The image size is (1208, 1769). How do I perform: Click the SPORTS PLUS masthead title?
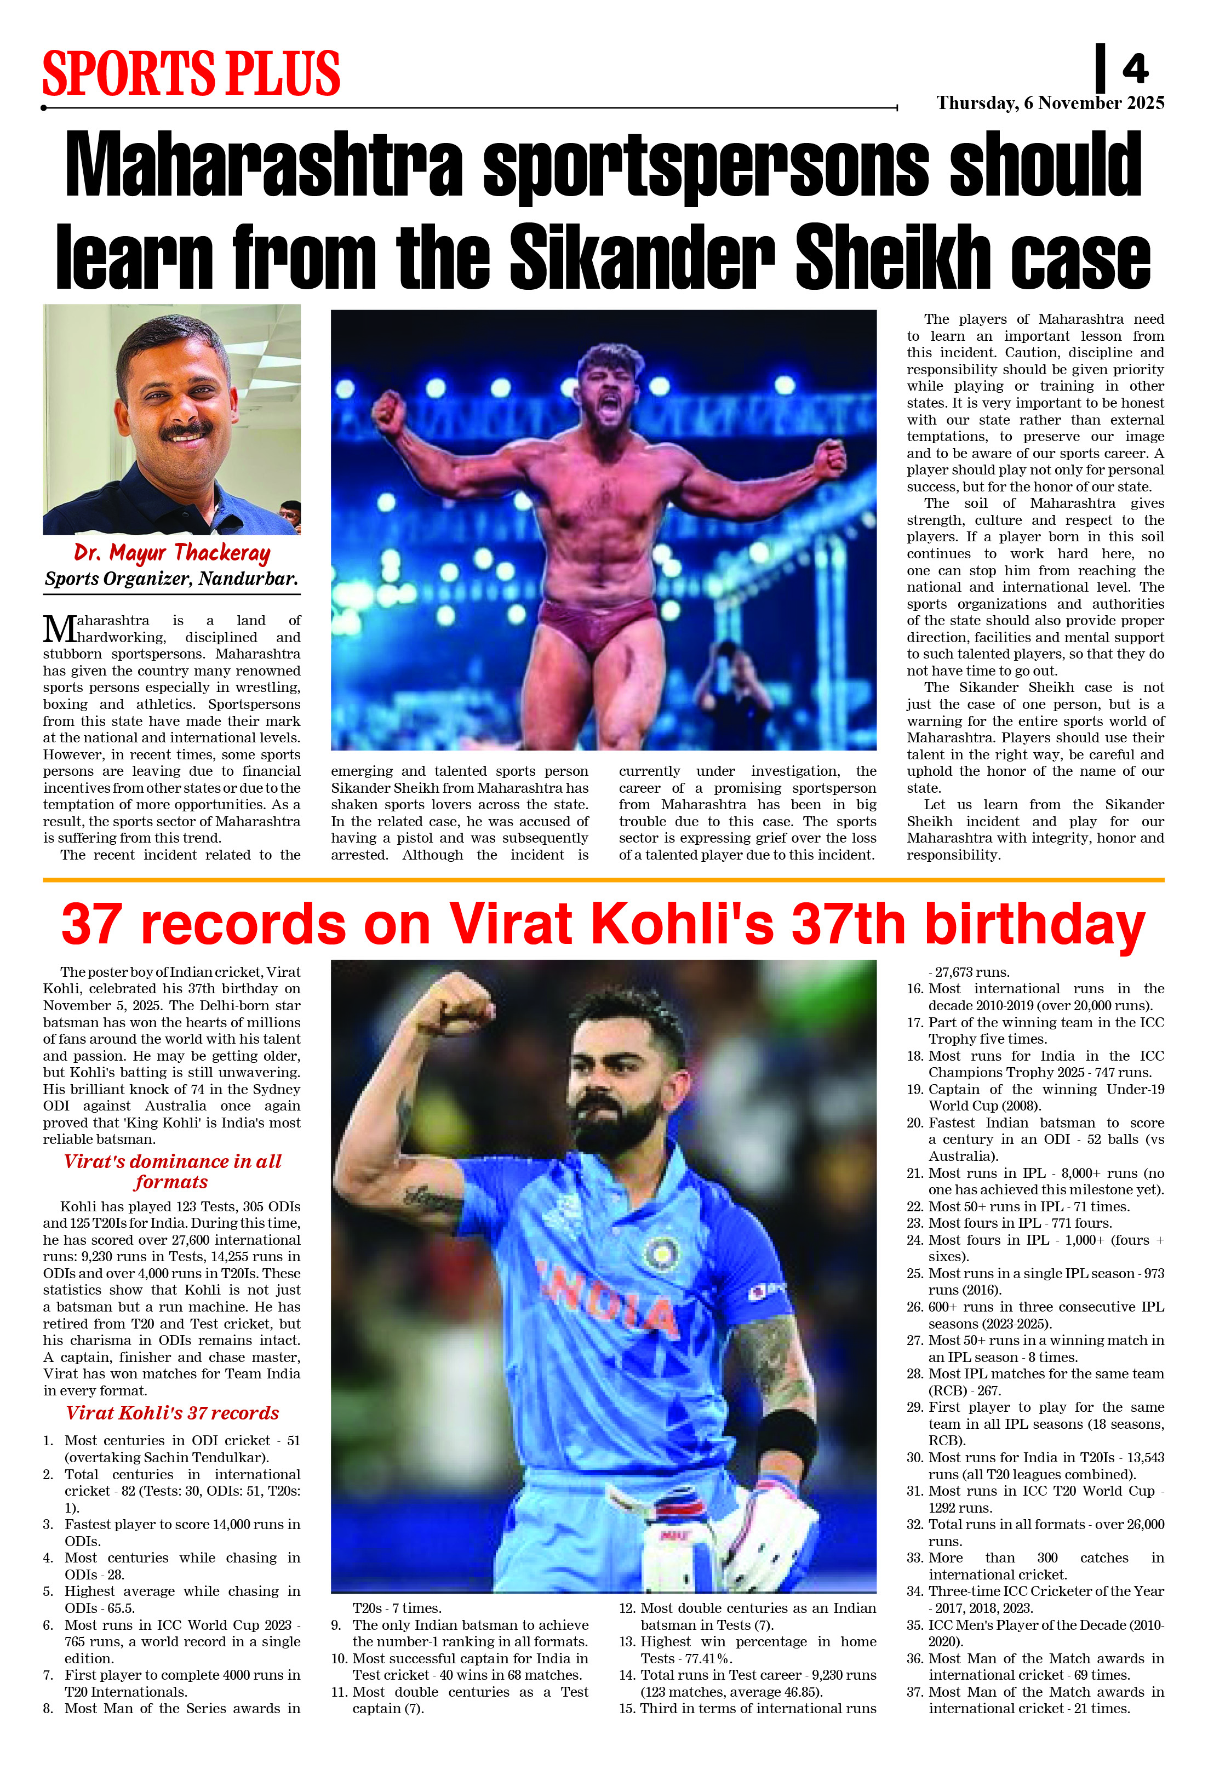point(191,74)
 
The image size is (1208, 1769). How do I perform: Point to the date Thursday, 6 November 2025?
point(1050,103)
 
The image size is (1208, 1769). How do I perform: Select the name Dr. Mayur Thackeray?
point(172,553)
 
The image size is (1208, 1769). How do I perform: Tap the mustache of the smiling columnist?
point(185,431)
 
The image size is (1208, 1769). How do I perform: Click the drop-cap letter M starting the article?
point(58,629)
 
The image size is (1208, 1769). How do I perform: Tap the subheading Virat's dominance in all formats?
point(172,1171)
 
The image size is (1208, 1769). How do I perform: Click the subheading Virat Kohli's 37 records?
point(172,1413)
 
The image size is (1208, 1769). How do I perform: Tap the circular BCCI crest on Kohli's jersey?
point(661,1252)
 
